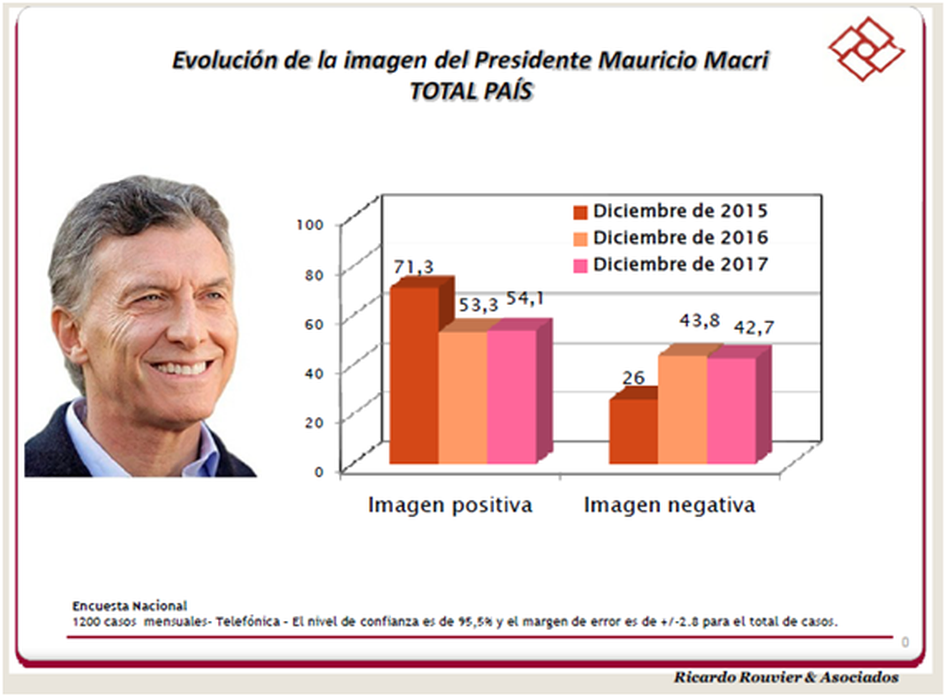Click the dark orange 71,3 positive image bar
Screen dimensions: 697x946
click(x=414, y=374)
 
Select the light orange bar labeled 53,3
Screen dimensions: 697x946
click(x=463, y=397)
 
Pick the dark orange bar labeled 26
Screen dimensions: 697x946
click(x=633, y=431)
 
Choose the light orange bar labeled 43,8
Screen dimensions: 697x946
click(x=682, y=409)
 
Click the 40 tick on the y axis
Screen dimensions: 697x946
click(x=314, y=374)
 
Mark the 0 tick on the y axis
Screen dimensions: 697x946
click(x=319, y=472)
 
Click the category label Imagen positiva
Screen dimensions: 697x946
click(x=450, y=505)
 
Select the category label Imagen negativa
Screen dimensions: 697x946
click(x=669, y=505)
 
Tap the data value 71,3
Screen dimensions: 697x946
click(x=413, y=267)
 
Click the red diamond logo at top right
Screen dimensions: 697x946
click(x=866, y=49)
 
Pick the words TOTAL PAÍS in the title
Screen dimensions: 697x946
click(x=472, y=92)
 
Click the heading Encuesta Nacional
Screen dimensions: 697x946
click(x=130, y=606)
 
